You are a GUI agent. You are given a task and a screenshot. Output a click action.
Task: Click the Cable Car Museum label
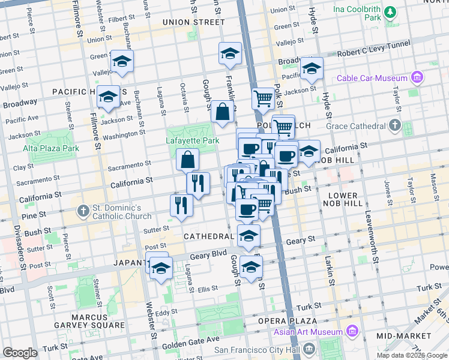pyautogui.click(x=372, y=78)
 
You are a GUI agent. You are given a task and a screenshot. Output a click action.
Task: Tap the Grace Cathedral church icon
pyautogui.click(x=394, y=125)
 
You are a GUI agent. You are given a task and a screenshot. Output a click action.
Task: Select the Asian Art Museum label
pyautogui.click(x=307, y=332)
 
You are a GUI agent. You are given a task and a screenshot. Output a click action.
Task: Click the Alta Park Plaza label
pyautogui.click(x=51, y=148)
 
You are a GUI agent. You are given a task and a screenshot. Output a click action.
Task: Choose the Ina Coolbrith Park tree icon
pyautogui.click(x=390, y=11)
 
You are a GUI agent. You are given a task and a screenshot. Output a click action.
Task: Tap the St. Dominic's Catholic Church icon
pyautogui.click(x=83, y=211)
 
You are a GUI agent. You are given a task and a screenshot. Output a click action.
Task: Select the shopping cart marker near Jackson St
pyautogui.click(x=263, y=98)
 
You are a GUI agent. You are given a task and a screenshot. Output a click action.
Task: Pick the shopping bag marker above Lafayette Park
pyautogui.click(x=222, y=111)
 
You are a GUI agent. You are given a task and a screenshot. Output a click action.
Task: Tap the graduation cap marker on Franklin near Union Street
pyautogui.click(x=230, y=54)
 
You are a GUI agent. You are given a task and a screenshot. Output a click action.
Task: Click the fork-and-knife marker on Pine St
pyautogui.click(x=181, y=205)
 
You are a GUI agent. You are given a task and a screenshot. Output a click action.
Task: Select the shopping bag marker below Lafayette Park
pyautogui.click(x=187, y=160)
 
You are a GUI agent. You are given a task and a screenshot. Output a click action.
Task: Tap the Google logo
pyautogui.click(x=20, y=353)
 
